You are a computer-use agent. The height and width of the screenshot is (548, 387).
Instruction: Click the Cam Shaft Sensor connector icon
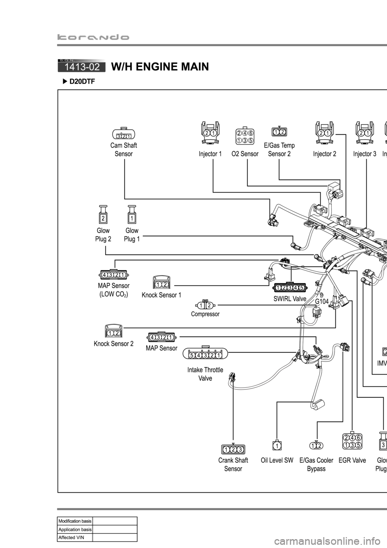pos(123,134)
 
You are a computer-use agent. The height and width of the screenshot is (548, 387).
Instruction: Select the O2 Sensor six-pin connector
pos(245,136)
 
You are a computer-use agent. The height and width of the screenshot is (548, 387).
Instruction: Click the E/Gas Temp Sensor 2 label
pos(279,149)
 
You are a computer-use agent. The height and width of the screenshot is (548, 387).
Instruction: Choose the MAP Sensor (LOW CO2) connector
pos(113,275)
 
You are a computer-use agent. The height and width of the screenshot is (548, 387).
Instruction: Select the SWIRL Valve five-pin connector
pos(289,287)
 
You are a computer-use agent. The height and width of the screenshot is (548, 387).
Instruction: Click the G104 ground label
pos(322,301)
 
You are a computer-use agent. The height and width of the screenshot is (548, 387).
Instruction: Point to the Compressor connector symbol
pos(205,305)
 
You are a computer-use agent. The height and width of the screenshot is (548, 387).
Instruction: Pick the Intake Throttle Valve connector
pos(205,354)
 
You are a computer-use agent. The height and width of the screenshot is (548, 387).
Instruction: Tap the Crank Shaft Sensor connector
pos(233,449)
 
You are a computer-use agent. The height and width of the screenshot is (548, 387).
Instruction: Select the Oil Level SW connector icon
pos(277,445)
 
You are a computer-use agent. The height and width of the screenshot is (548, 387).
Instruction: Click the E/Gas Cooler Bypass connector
pos(316,445)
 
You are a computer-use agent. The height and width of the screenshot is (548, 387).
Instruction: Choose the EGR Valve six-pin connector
pos(352,441)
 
